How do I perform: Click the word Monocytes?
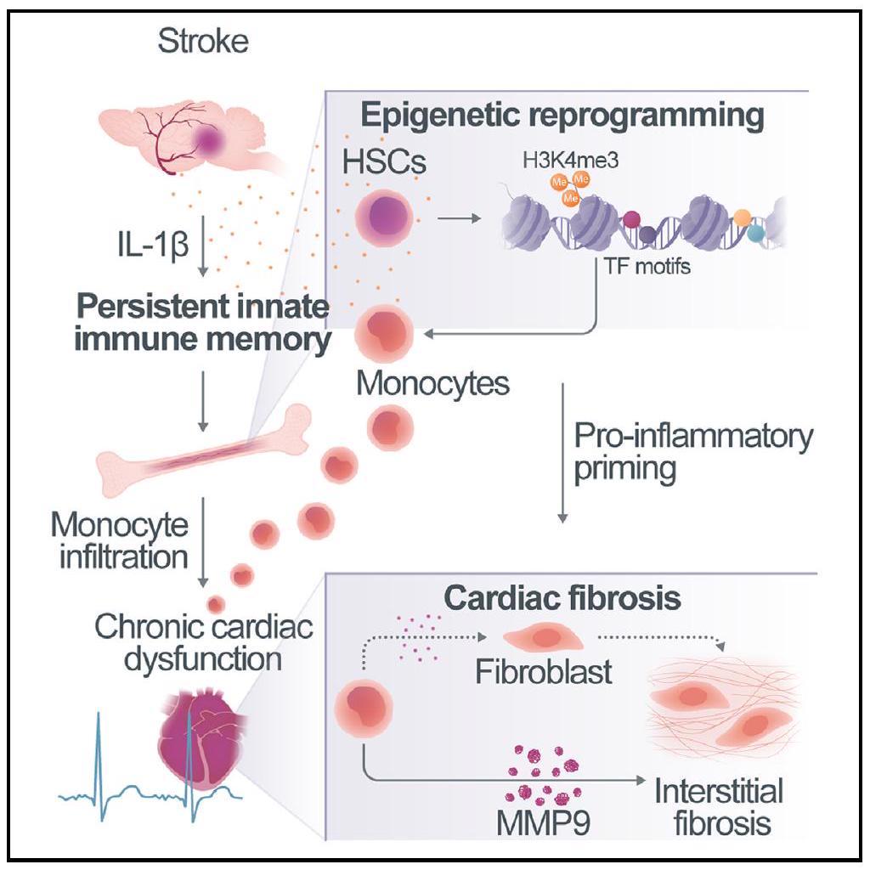[432, 383]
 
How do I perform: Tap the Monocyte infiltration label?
[119, 541]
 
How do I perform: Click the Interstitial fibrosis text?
[718, 806]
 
